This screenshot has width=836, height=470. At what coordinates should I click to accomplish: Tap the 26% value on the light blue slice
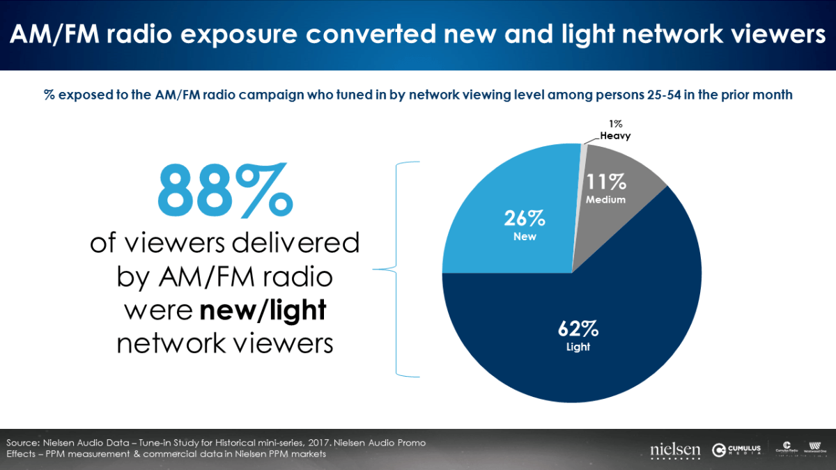[x=525, y=219]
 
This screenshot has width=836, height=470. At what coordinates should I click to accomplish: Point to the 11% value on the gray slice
[x=605, y=182]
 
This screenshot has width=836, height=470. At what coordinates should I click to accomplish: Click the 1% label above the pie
[x=605, y=124]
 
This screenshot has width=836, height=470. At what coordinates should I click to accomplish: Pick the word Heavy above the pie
[x=615, y=136]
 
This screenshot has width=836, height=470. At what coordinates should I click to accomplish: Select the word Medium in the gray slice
[x=605, y=200]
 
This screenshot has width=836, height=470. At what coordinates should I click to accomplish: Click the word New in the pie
[x=525, y=237]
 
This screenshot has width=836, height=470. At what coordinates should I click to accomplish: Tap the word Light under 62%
[x=578, y=347]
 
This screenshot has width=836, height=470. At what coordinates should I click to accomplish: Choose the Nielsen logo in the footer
[x=674, y=451]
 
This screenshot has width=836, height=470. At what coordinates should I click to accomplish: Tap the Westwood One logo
[x=814, y=448]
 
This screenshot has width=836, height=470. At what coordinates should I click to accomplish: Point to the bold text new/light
[x=263, y=310]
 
